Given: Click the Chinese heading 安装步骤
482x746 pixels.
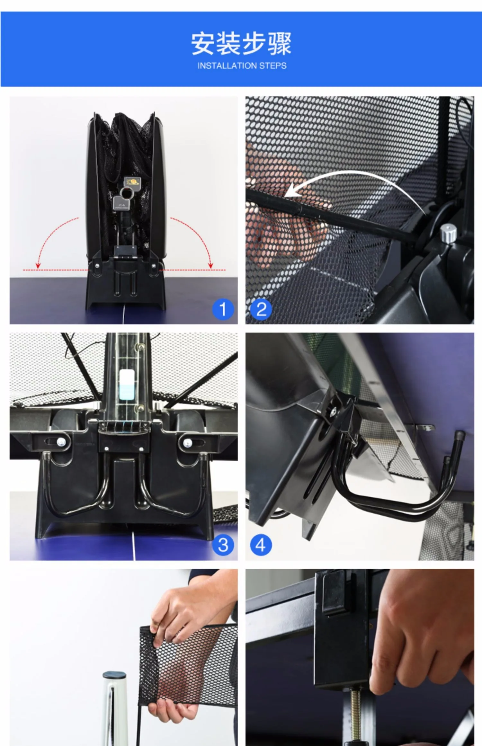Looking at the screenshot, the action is click(241, 43).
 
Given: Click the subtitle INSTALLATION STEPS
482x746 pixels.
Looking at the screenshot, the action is click(242, 66).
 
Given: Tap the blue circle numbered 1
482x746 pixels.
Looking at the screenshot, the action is click(223, 309).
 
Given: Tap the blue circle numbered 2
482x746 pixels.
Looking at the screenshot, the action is click(261, 309).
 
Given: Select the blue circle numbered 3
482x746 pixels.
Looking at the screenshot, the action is click(223, 545).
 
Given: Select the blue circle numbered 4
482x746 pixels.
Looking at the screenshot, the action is click(261, 545).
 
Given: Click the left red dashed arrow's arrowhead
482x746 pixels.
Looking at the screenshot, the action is click(38, 265).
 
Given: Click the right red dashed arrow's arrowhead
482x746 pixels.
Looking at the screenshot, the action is click(211, 265).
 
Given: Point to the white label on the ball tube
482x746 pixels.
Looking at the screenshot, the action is click(127, 385).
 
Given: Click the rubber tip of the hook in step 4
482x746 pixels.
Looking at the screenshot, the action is click(460, 436).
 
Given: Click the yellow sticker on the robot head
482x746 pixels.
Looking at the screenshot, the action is click(132, 182).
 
